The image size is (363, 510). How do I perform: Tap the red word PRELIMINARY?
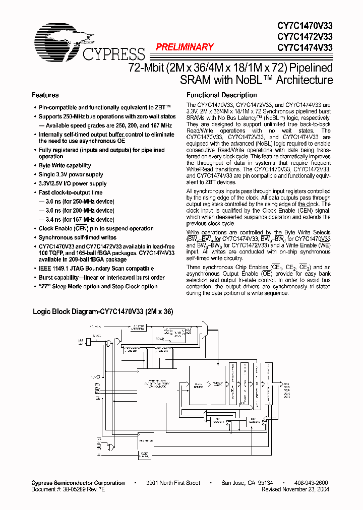coord(185,47)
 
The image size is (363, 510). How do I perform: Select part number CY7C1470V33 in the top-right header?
coord(305,25)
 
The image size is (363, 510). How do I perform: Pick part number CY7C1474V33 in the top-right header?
coord(305,48)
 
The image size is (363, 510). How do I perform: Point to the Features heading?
coord(45,95)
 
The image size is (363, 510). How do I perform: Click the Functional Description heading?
coord(222,95)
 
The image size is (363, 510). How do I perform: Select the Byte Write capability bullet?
coord(65,165)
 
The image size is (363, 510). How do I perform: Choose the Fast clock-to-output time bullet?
coord(71,193)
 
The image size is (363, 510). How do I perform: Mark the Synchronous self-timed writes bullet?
coord(78,237)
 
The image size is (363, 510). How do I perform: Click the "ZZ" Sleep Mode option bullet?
coord(98,287)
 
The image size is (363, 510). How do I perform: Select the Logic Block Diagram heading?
coord(103,312)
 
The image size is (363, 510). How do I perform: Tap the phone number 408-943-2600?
coord(312,483)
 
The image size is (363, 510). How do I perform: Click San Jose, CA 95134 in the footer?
coord(248,483)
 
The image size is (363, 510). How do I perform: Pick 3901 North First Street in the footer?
coord(173,483)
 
